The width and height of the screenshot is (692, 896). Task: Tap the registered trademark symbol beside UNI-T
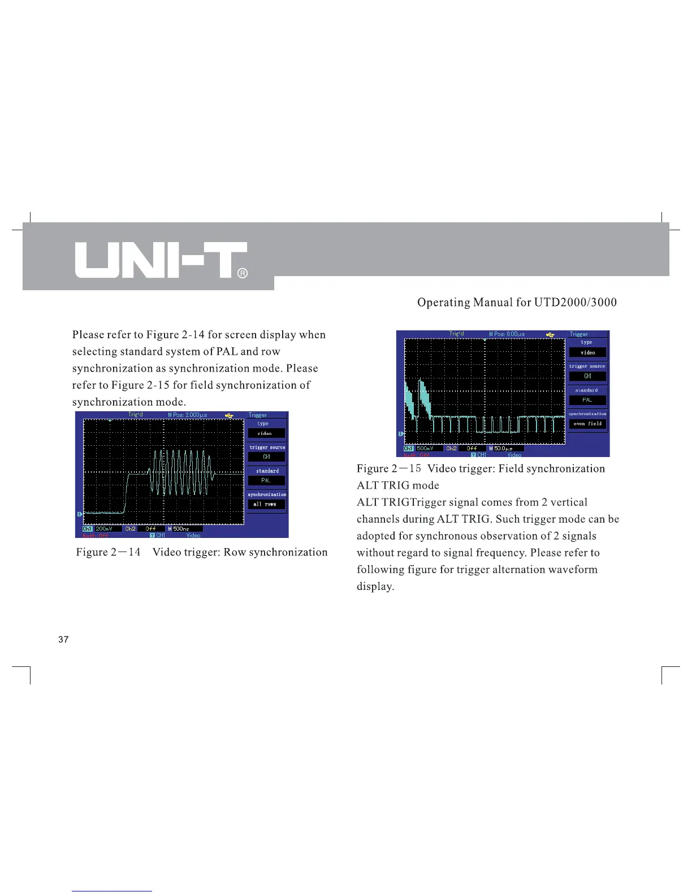tap(241, 273)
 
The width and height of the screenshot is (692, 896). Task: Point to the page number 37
tap(63, 640)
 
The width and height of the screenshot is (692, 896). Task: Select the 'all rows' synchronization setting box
tap(266, 504)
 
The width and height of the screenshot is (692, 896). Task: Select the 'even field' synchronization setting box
tap(587, 424)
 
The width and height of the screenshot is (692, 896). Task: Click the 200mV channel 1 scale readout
tap(105, 529)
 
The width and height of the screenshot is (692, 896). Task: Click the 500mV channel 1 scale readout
tap(425, 449)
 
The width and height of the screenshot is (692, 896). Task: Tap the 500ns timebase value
tap(181, 529)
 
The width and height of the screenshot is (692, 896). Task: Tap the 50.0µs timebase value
tap(503, 449)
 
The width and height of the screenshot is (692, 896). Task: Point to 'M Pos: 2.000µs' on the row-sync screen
tap(188, 415)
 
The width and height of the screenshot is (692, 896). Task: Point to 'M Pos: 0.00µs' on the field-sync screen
tap(507, 334)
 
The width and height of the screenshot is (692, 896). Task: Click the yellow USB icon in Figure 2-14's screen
tap(229, 415)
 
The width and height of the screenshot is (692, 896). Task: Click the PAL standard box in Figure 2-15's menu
tap(587, 400)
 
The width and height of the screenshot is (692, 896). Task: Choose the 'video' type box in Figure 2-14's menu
tap(266, 433)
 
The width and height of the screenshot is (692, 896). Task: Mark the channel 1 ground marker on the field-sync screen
tap(401, 434)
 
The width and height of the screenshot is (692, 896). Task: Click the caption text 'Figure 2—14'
tap(109, 552)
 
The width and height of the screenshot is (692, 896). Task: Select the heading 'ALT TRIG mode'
tap(398, 485)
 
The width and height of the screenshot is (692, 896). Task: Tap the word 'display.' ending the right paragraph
tap(375, 586)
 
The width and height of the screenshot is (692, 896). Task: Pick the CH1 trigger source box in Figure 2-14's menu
tap(266, 457)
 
